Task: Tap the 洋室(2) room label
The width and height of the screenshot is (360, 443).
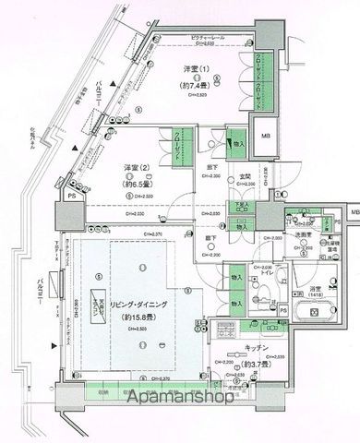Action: tap(138, 168)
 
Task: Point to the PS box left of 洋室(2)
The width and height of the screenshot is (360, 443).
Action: tap(72, 196)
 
